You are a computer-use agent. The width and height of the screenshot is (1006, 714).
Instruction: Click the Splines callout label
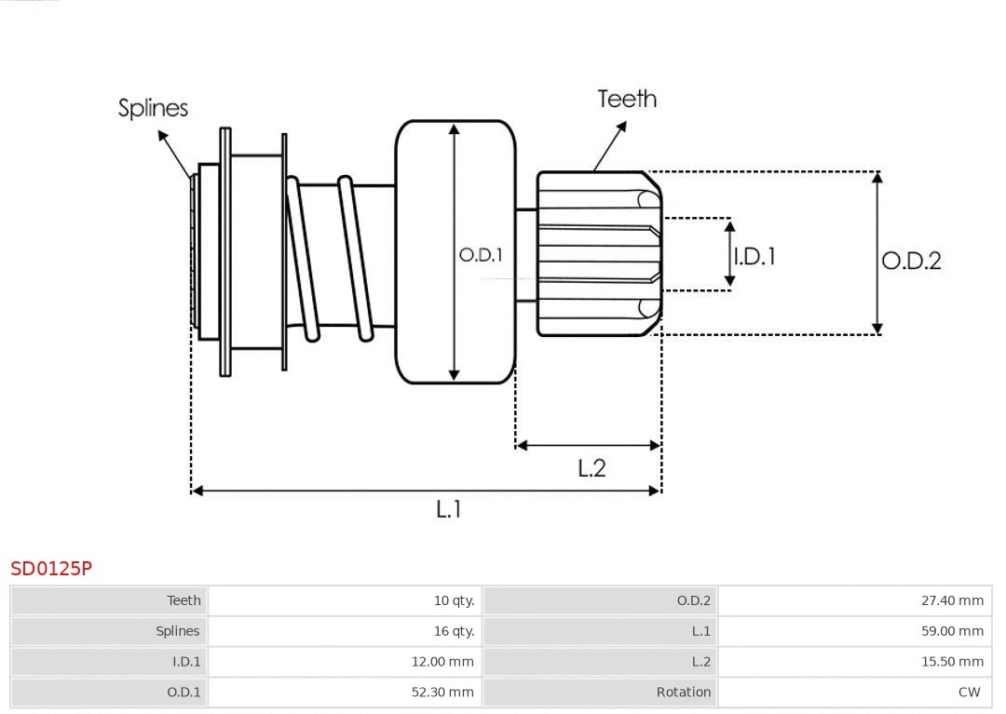click(x=153, y=108)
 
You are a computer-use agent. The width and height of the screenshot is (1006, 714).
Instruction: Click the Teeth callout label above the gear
click(x=627, y=99)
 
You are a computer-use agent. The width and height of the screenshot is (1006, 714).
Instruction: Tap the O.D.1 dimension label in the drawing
click(x=481, y=254)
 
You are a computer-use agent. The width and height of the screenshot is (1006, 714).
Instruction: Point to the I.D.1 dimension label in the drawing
click(x=754, y=256)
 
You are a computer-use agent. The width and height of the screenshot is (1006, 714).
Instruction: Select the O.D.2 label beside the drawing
click(x=911, y=261)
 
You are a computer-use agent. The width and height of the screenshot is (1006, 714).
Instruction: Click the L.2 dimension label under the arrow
click(x=591, y=467)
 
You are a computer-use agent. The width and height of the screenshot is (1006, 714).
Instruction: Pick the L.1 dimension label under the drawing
click(x=449, y=509)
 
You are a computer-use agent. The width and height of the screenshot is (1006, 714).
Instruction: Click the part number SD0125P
click(x=51, y=568)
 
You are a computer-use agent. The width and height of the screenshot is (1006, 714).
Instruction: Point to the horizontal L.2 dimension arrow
click(x=588, y=446)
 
